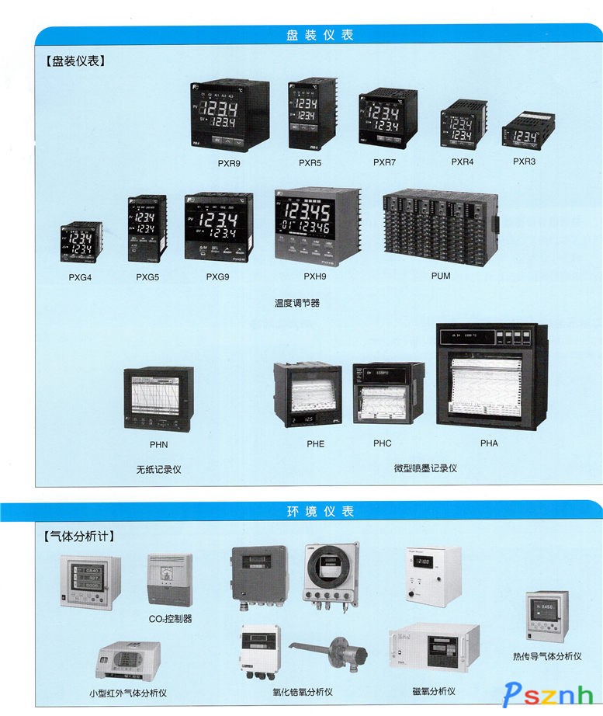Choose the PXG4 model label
tap(80, 276)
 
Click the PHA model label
tap(489, 443)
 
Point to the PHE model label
tap(315, 443)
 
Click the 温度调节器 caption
tap(296, 303)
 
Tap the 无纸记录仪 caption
tap(158, 470)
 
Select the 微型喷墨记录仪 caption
tap(425, 468)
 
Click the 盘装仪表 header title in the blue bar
tap(320, 35)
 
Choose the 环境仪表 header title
tap(320, 511)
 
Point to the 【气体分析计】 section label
tap(79, 536)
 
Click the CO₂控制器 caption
tap(170, 619)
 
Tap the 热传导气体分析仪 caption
tap(547, 656)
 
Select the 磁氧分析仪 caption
tap(434, 691)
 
